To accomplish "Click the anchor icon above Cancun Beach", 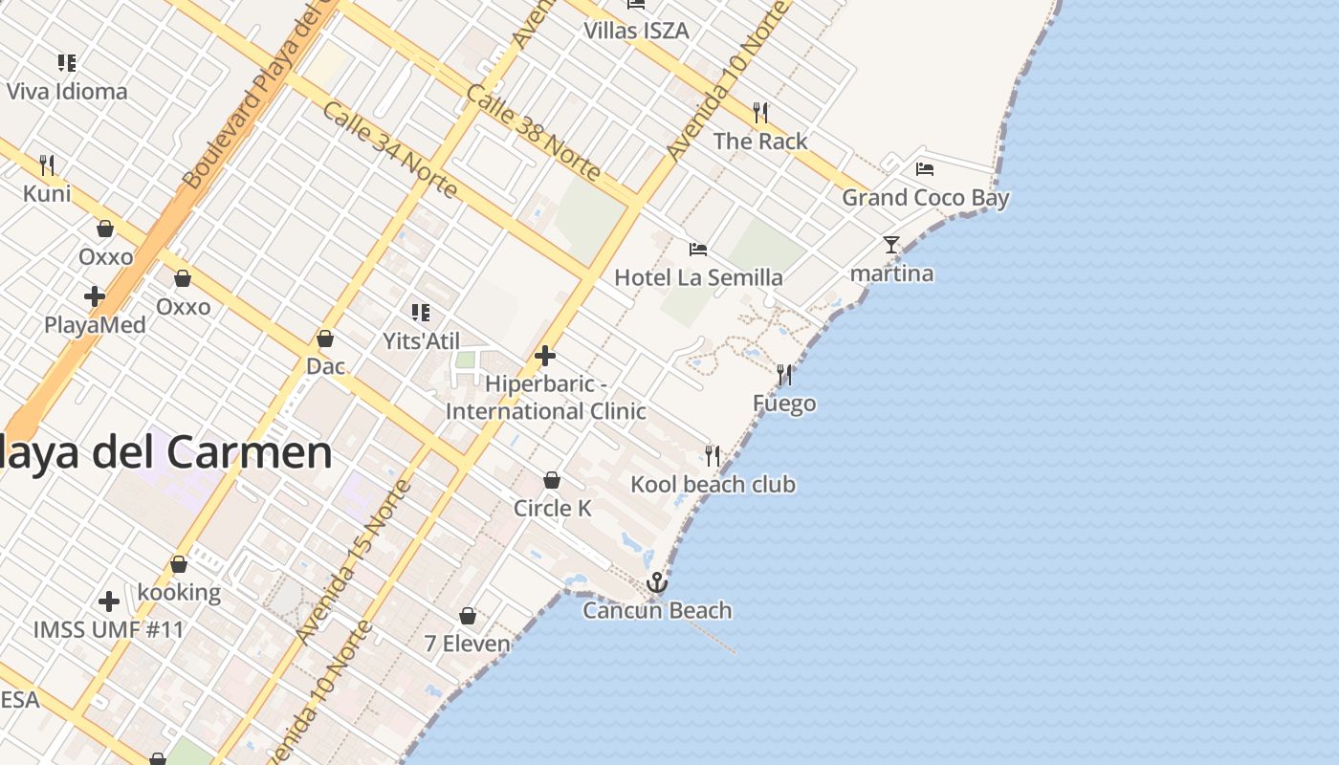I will click(657, 581).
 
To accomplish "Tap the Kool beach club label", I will click(713, 485).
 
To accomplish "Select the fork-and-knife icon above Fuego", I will click(784, 375).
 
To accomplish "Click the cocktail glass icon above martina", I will click(891, 245).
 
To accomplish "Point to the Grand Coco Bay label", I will click(925, 198).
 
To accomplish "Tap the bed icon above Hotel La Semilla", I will click(698, 250).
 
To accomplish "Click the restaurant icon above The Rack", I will click(760, 113).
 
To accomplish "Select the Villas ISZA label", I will click(636, 31).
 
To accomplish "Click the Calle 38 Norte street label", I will click(534, 132).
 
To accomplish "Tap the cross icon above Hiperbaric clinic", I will click(545, 357).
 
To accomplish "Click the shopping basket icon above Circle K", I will click(552, 480).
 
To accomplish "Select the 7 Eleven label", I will click(467, 644).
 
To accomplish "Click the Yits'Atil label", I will click(421, 341).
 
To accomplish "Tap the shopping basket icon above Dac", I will click(325, 339).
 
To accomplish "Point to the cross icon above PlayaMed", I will click(95, 296).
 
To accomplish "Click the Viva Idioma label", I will click(67, 92).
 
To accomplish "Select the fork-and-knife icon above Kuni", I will click(47, 165).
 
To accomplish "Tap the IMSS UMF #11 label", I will click(108, 630).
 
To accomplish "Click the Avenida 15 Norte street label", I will click(354, 561).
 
